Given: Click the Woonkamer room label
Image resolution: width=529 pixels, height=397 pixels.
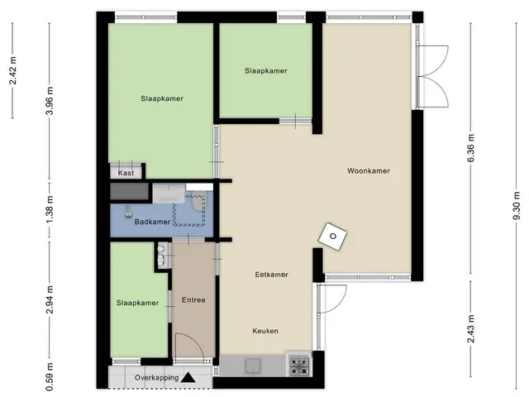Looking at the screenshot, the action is click(x=369, y=171).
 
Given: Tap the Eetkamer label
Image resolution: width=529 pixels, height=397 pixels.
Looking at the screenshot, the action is click(x=272, y=275).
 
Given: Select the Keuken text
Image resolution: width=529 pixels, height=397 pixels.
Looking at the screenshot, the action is click(x=265, y=331).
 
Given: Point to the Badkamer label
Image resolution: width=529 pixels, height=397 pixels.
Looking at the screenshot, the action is click(x=152, y=222).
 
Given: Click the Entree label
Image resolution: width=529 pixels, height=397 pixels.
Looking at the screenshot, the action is click(x=193, y=299).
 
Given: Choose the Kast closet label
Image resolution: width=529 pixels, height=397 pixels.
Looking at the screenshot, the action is click(x=126, y=173).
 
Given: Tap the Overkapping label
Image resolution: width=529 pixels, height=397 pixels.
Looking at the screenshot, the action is click(x=157, y=377).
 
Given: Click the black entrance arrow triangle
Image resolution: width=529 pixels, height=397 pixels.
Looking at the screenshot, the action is click(x=188, y=378).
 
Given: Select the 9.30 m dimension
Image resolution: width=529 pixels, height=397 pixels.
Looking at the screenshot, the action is click(x=517, y=206).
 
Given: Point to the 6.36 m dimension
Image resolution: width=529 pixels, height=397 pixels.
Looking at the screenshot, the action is click(x=470, y=148).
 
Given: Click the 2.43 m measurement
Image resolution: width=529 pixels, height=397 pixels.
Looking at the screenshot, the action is click(x=470, y=328).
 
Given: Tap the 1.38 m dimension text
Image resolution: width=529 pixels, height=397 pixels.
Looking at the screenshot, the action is click(x=50, y=209).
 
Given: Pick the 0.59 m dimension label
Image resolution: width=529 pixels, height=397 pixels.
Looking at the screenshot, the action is click(x=50, y=377).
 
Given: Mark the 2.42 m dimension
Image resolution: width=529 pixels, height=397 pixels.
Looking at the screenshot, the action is click(x=13, y=70).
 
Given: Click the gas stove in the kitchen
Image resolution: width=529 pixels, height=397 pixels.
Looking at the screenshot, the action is click(x=299, y=365).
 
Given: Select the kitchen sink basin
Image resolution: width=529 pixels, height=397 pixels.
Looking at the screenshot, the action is click(x=253, y=366).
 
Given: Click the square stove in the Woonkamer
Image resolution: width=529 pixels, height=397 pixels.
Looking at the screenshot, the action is click(x=333, y=237).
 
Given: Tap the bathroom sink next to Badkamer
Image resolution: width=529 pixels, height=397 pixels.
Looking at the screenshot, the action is click(x=128, y=212).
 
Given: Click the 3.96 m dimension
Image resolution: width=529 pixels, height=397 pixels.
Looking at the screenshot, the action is click(x=50, y=101).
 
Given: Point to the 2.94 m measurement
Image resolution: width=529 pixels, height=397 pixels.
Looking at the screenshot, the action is click(x=50, y=299).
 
